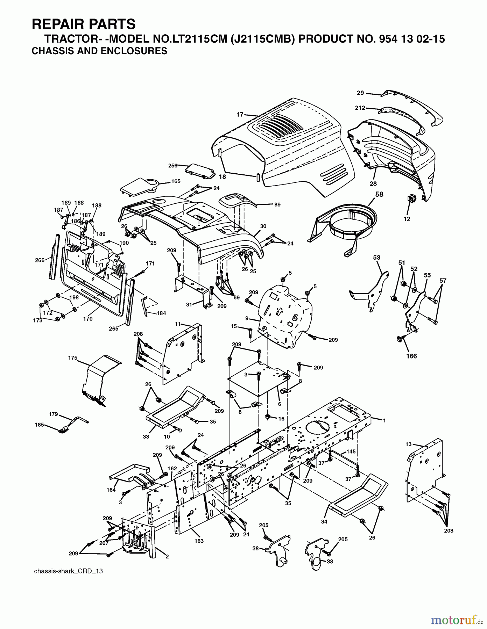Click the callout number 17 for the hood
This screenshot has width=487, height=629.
tap(240, 114)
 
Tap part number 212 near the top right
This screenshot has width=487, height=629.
tap(360, 108)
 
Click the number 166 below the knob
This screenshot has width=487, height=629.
tap(411, 356)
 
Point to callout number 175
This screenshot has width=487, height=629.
tap(72, 358)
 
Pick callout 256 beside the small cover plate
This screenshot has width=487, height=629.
tap(173, 166)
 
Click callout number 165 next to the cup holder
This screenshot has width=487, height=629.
tap(176, 181)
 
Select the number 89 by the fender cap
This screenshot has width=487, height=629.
tap(277, 205)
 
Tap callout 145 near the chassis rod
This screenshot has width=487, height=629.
tap(351, 451)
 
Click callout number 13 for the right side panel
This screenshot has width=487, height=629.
tap(409, 444)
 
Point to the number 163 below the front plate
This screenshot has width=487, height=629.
tap(199, 541)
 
